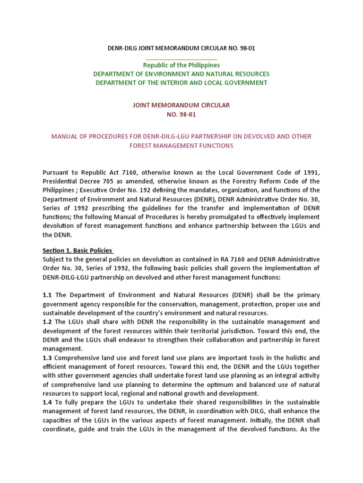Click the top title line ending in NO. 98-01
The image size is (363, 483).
tap(182, 48)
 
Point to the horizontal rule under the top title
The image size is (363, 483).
tap(182, 59)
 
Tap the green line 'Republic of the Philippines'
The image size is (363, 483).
tap(182, 65)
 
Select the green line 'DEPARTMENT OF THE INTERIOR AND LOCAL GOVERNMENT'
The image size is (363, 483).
tap(182, 83)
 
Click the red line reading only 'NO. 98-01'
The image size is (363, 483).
tap(182, 114)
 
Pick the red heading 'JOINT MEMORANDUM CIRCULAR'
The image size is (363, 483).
tap(182, 105)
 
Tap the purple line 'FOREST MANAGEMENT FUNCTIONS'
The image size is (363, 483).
tap(182, 146)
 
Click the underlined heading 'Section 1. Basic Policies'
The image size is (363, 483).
tap(78, 250)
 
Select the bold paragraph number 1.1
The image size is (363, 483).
tap(47, 295)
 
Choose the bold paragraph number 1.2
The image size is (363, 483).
tap(47, 322)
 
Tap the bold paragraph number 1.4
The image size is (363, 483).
tap(47, 402)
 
